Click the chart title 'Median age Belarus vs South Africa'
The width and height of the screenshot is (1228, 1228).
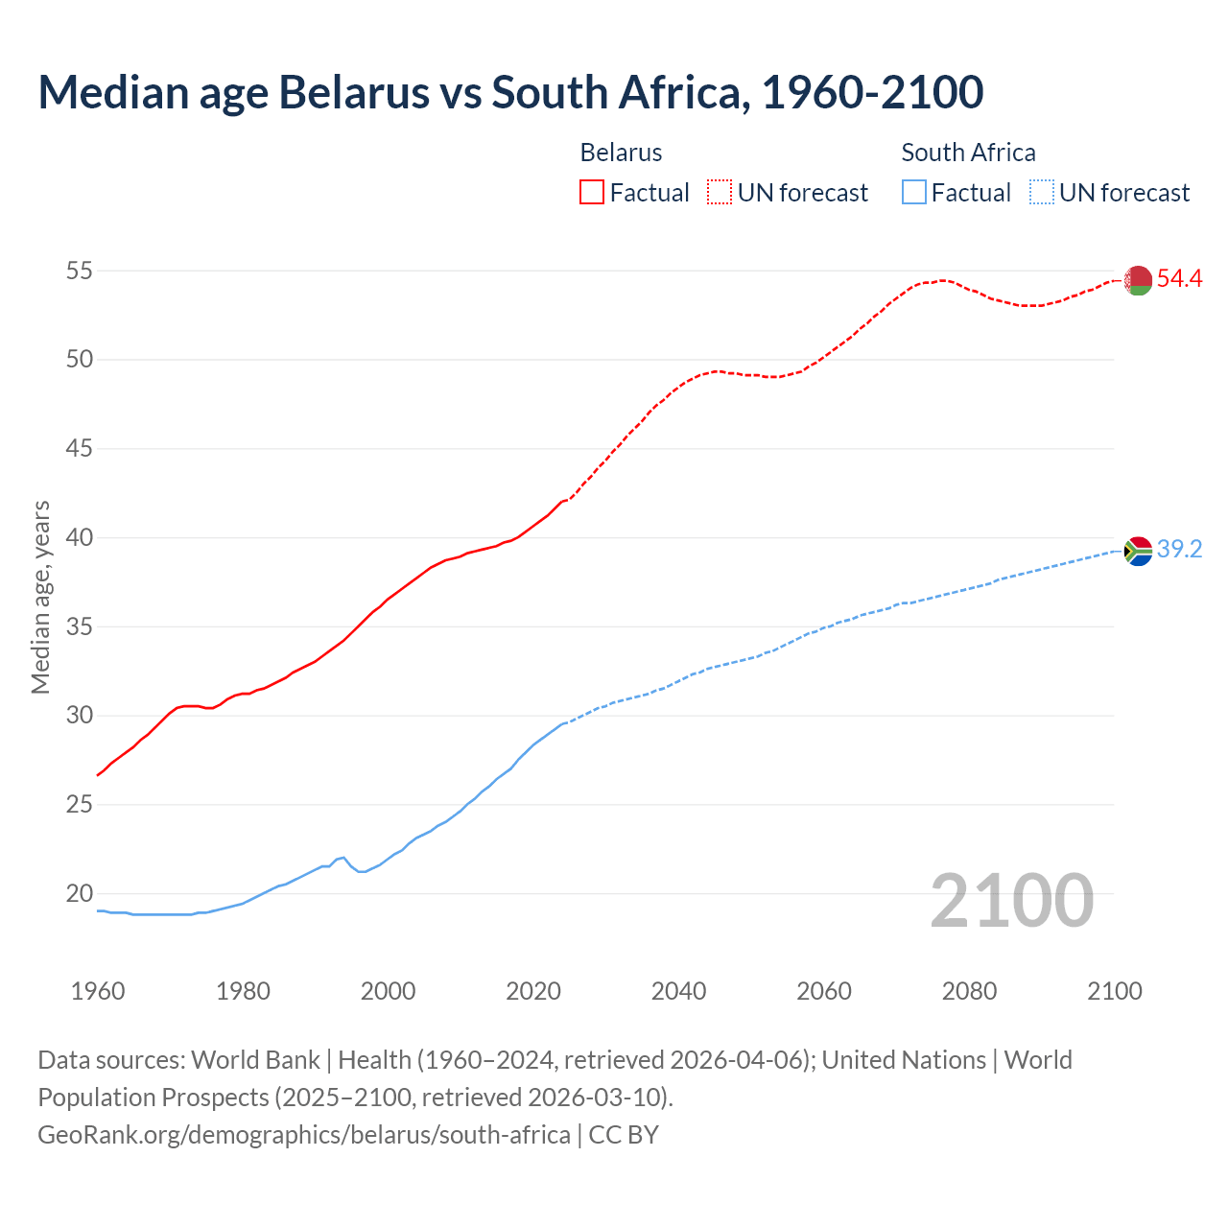pos(510,93)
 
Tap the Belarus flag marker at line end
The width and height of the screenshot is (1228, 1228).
pos(1138,280)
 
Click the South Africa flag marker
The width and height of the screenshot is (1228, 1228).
pos(1138,551)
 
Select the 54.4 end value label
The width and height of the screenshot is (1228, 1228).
pos(1179,279)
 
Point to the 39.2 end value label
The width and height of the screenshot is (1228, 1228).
pos(1179,550)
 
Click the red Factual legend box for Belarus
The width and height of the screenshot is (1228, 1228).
pos(592,192)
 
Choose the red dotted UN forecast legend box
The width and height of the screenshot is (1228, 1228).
pos(720,192)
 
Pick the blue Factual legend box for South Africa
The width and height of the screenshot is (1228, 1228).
pos(914,192)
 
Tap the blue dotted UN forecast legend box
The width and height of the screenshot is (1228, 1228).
pos(1042,192)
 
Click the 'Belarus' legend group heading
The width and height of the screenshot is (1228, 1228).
pos(621,153)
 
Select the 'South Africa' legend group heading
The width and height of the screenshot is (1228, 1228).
pos(968,153)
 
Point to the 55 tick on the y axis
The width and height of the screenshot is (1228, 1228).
pos(79,272)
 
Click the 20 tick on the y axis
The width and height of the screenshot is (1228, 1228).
pos(79,893)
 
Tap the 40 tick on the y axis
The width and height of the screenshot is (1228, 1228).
pos(79,538)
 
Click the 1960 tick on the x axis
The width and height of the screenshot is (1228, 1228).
pos(98,991)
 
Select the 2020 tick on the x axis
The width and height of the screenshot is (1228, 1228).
pos(533,991)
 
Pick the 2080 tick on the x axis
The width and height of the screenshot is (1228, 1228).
pos(969,991)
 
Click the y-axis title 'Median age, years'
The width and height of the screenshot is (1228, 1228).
pos(40,597)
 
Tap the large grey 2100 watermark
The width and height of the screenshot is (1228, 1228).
pos(1011,900)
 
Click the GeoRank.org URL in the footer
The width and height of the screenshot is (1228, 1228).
pos(303,1135)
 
